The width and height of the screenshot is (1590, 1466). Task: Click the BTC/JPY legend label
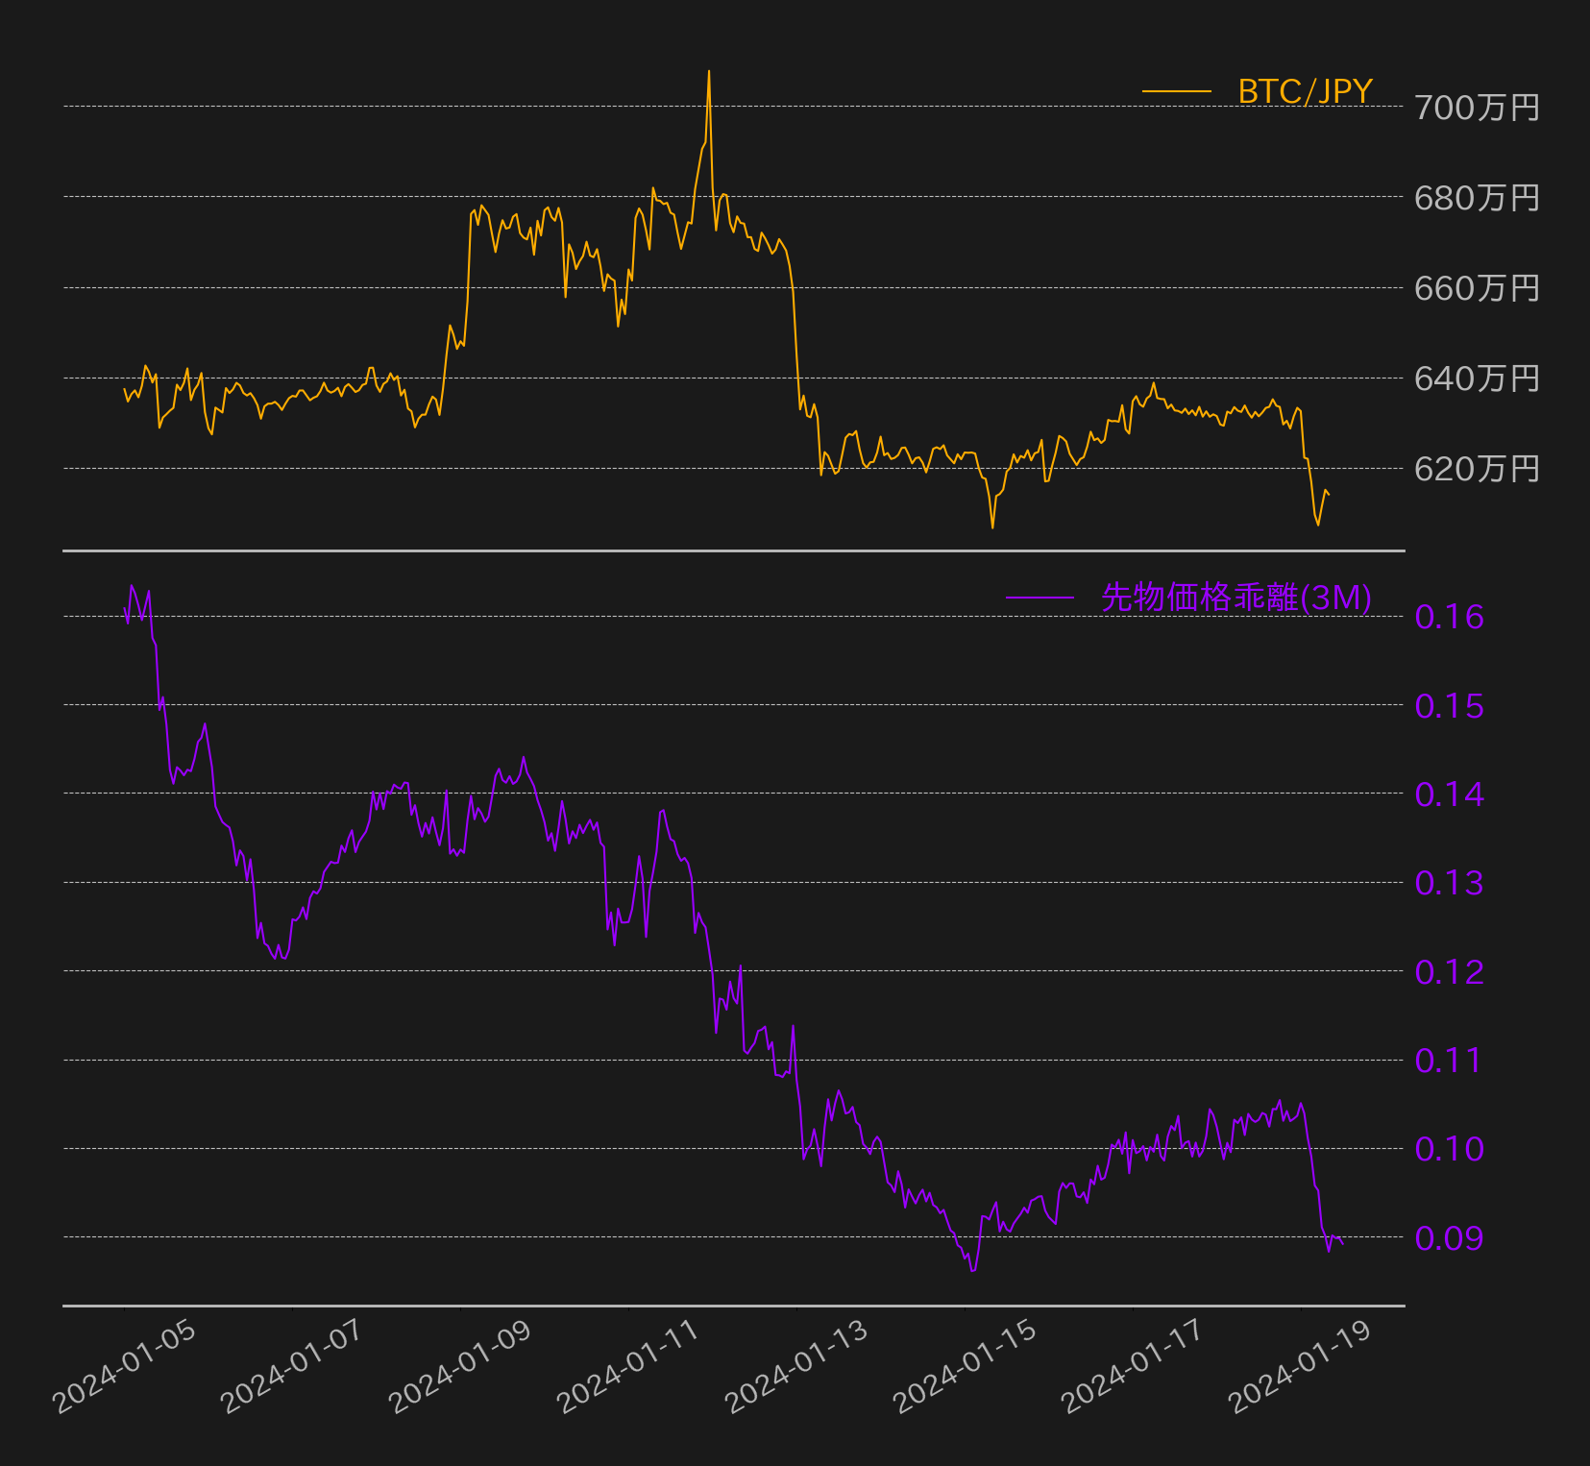1305,91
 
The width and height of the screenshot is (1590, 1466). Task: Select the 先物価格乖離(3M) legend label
1236,598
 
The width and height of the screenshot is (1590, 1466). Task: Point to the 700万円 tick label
1477,108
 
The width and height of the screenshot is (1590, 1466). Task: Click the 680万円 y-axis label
1477,198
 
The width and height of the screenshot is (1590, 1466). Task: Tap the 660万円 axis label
1477,288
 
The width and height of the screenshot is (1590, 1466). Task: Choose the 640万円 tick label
1477,379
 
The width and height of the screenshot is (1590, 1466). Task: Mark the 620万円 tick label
1477,469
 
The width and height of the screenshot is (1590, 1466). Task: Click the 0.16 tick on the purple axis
1450,617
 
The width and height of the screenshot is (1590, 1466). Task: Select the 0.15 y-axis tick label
1450,706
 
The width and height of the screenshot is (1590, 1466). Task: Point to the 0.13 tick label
1450,883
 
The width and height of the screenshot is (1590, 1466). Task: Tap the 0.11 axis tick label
1450,1061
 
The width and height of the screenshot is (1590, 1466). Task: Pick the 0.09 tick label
1450,1238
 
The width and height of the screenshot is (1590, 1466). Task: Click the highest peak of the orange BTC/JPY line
709,71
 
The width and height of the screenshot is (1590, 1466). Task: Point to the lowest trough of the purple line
973,1271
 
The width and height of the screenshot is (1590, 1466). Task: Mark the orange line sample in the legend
1177,91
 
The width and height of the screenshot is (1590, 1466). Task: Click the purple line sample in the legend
1040,598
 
